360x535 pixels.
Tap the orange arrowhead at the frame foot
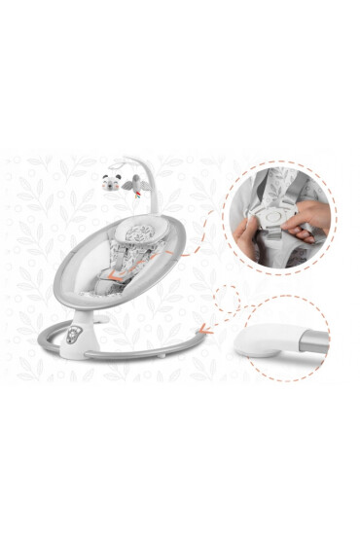tap(201, 329)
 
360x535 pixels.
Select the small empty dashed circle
tap(227, 297)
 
